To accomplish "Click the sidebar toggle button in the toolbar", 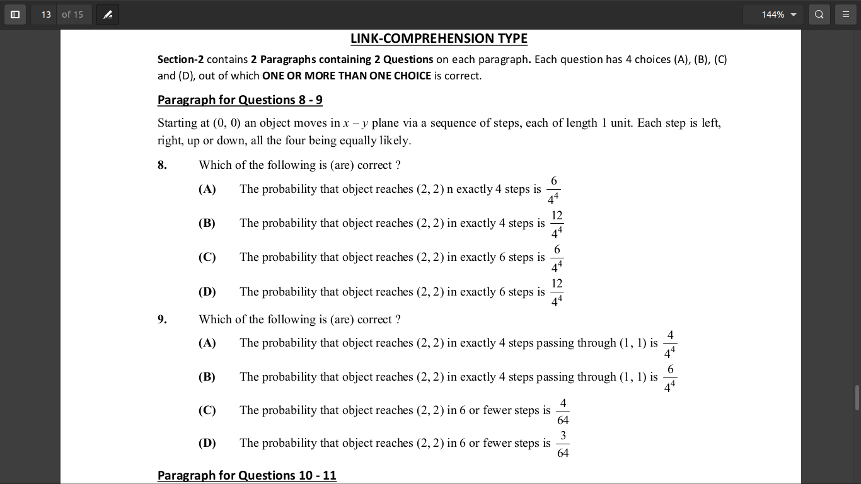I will [x=15, y=14].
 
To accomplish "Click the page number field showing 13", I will [x=46, y=14].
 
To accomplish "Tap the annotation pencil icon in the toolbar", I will [x=108, y=14].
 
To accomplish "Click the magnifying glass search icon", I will [x=819, y=14].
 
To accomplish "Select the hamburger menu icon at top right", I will [x=846, y=14].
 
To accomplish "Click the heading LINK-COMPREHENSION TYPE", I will [x=439, y=38].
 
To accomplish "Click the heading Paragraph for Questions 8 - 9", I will [x=240, y=100].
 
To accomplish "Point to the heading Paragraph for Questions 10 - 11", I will [x=246, y=475].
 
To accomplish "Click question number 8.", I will [x=162, y=165].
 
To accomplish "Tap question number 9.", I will [x=162, y=320].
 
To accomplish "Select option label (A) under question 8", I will [x=207, y=189].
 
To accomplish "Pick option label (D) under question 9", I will [x=207, y=443].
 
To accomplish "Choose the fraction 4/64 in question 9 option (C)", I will [x=563, y=412].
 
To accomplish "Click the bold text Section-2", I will [x=180, y=59].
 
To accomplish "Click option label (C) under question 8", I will [x=207, y=257].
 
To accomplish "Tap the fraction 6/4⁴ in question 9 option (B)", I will [x=670, y=377].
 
